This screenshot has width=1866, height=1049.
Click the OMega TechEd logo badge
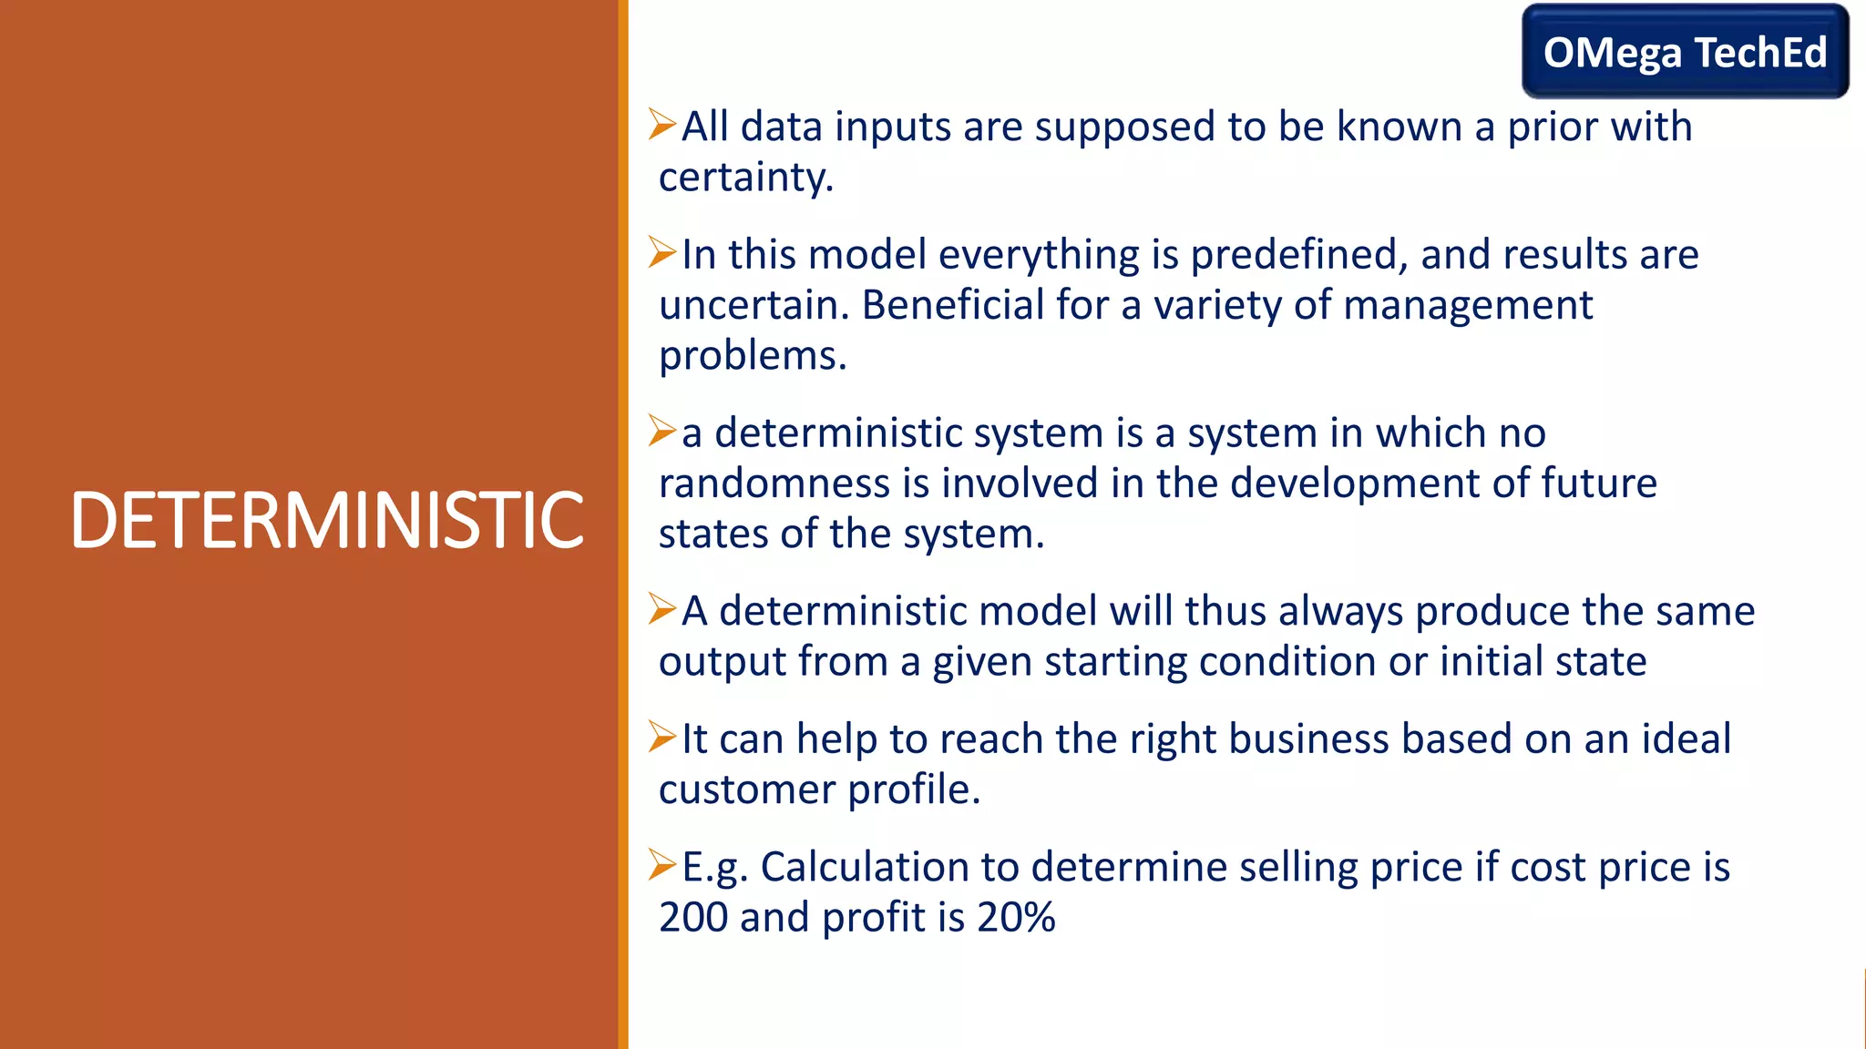[1685, 52]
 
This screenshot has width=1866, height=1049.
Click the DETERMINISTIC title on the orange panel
[326, 521]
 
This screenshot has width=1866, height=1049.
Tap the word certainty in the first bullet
[744, 177]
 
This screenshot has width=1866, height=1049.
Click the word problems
[752, 356]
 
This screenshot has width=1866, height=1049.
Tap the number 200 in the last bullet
[692, 917]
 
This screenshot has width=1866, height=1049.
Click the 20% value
[1016, 917]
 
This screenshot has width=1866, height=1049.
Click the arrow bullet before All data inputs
[662, 124]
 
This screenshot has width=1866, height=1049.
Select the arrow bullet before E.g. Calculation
[662, 864]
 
